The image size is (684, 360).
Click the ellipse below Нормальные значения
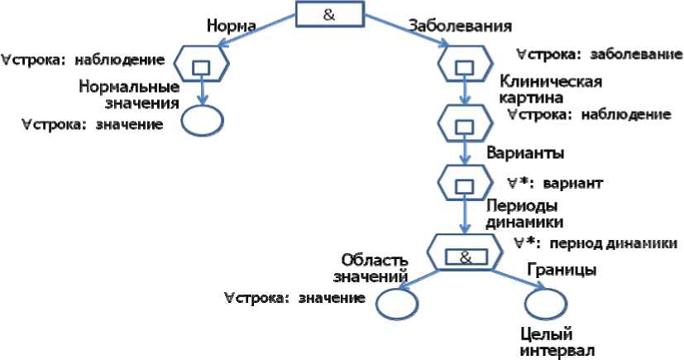coord(200,119)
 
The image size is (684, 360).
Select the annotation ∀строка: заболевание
coord(598,55)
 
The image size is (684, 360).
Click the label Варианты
coord(525,153)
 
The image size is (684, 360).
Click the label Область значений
coord(371,267)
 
